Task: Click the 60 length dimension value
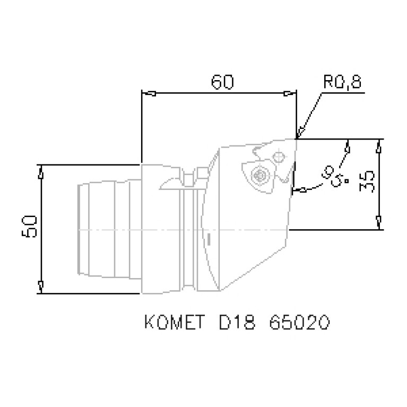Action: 222,83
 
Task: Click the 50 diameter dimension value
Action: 29,228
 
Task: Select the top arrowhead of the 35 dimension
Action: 379,146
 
